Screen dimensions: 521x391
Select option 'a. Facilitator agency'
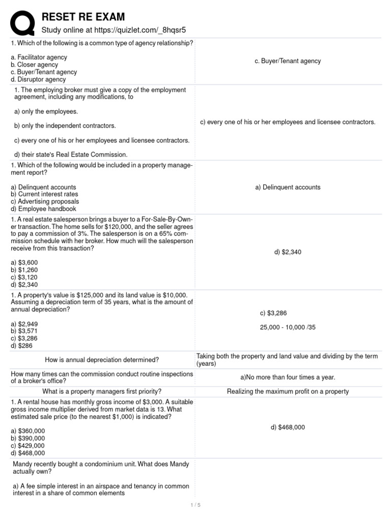coord(39,57)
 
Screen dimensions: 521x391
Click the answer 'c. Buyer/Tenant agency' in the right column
coord(288,61)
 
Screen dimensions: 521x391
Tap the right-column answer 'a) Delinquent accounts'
coord(288,187)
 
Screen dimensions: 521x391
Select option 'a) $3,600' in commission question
coord(24,263)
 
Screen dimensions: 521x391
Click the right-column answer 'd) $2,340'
coord(288,252)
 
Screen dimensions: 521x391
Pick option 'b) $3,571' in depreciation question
coord(24,331)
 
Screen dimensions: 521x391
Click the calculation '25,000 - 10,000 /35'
coord(288,327)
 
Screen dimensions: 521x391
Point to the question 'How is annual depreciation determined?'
coord(102,360)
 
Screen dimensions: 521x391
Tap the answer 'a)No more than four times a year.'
coord(288,378)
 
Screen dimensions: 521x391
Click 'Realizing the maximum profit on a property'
coord(288,391)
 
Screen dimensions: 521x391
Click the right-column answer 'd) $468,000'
coord(288,427)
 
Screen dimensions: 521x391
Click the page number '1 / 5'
coord(195,505)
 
